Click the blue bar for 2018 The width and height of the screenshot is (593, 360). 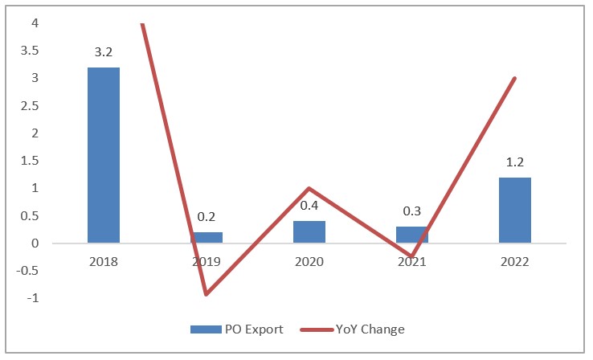[104, 155]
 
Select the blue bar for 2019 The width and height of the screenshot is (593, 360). [207, 238]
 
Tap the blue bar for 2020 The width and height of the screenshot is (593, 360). [309, 232]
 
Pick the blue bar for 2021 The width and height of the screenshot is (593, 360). [412, 235]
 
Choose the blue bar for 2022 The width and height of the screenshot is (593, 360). [515, 210]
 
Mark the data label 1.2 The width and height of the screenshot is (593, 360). [515, 163]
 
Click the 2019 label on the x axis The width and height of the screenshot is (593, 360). [207, 262]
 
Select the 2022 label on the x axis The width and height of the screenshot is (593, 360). [515, 262]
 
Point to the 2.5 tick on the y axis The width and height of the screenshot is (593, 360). [31, 105]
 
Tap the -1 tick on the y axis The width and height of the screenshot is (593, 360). [33, 298]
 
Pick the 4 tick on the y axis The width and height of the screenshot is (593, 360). [35, 22]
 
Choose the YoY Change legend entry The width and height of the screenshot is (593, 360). [362, 329]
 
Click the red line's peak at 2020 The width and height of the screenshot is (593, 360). [309, 188]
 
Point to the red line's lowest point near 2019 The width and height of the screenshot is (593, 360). [207, 294]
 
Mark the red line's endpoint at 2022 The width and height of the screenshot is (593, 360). [515, 78]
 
